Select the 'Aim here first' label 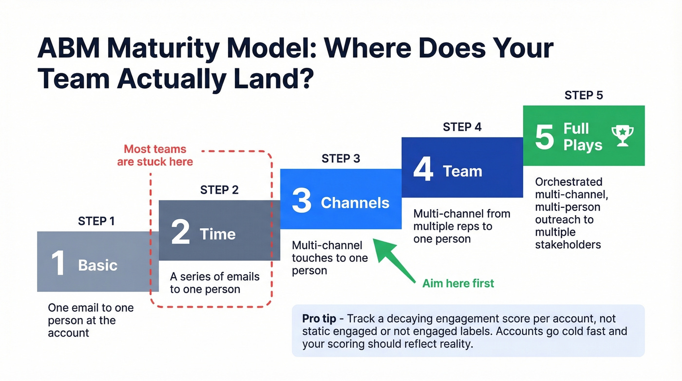458,283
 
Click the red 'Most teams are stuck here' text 155,155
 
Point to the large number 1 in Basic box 58,264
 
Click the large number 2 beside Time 180,233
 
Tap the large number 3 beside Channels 302,202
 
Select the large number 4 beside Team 423,170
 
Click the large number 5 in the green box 544,137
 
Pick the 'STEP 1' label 96,221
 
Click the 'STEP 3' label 341,159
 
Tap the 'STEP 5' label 584,95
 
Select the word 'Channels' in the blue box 355,203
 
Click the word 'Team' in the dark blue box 462,171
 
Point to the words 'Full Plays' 583,137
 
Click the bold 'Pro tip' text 319,319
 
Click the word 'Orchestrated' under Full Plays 568,182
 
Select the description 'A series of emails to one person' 214,283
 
